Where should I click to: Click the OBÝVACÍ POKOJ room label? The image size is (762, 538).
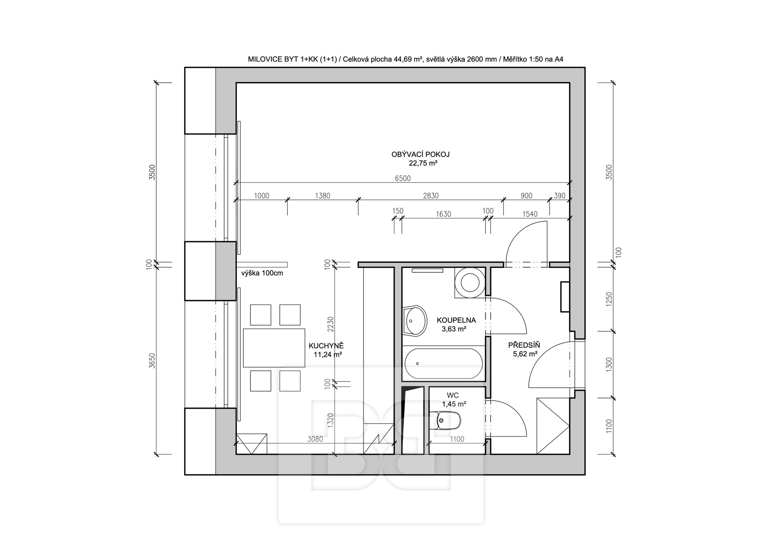click(420, 155)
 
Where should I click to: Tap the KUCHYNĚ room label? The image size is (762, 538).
click(326, 346)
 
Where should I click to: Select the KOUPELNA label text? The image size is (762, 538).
click(456, 320)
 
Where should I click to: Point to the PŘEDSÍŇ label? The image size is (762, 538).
click(524, 345)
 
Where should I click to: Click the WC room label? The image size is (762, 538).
click(453, 395)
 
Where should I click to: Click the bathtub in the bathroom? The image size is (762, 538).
click(444, 364)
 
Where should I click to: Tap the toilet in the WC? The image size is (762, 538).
click(448, 421)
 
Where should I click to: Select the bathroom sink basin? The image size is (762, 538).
click(415, 321)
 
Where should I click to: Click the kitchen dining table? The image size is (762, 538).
click(274, 348)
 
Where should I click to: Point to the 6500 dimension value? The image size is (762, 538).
click(402, 178)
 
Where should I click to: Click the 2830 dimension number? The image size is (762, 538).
click(431, 195)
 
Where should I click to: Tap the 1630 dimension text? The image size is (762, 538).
click(443, 214)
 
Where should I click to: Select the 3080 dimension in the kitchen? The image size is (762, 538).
click(315, 439)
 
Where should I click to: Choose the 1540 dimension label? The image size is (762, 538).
click(530, 214)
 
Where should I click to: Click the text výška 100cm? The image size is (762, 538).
click(262, 273)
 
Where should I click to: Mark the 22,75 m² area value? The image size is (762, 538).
click(423, 163)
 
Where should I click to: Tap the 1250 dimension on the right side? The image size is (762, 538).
click(609, 299)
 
